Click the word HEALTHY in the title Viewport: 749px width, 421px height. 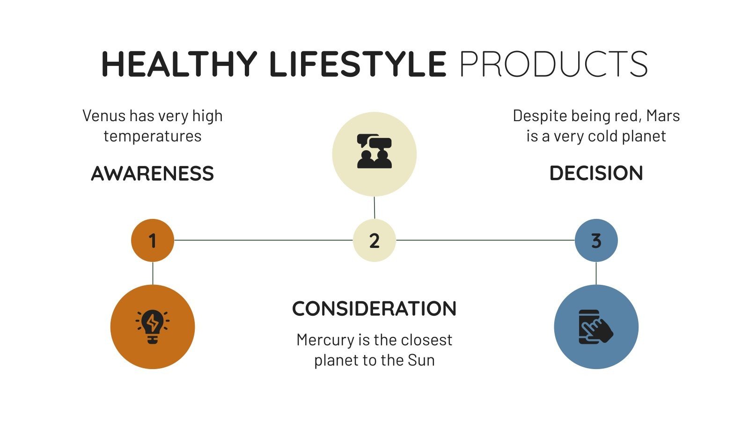(x=179, y=64)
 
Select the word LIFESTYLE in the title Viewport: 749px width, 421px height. (x=358, y=64)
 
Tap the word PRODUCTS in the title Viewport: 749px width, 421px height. (x=553, y=64)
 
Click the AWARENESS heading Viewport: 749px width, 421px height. (x=152, y=174)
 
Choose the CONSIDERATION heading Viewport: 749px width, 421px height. (x=374, y=309)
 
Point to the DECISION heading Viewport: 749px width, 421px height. (x=596, y=174)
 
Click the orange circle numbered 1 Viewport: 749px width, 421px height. (x=153, y=240)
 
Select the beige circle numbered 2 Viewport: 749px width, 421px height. (x=374, y=240)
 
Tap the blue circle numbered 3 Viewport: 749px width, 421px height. (x=596, y=240)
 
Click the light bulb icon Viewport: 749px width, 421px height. (x=153, y=327)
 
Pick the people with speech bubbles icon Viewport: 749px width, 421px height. (x=374, y=152)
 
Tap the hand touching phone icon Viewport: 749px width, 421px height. (x=595, y=327)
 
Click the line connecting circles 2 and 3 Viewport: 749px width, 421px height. (x=485, y=240)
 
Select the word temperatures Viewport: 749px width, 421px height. (x=153, y=136)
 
